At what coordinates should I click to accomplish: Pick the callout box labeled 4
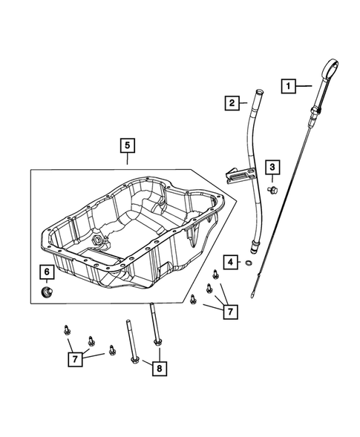click(x=232, y=262)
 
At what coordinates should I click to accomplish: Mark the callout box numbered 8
click(x=157, y=367)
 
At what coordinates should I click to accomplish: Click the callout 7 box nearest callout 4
click(x=230, y=312)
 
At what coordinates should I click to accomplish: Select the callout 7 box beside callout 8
click(x=73, y=359)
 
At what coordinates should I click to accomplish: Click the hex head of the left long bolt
click(x=134, y=361)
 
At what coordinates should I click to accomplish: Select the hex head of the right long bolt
click(x=158, y=342)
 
